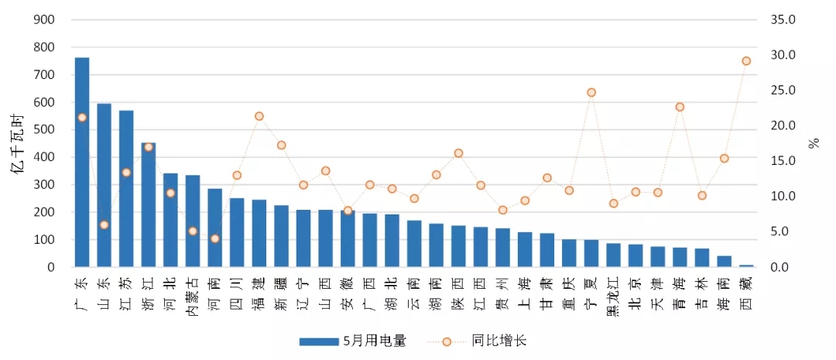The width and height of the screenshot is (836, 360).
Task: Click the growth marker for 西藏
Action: [x=746, y=60]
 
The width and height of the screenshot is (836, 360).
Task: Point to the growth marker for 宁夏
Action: [x=591, y=92]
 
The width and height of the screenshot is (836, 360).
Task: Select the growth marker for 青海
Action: [x=680, y=107]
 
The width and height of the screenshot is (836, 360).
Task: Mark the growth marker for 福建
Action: [x=259, y=116]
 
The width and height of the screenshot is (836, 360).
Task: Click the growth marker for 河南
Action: [x=215, y=238]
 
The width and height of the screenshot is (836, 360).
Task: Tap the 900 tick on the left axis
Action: [x=44, y=20]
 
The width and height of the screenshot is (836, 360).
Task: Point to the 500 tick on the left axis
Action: [x=44, y=130]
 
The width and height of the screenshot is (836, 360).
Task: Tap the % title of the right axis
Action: [x=814, y=143]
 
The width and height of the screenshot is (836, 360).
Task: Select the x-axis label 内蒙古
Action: [x=193, y=295]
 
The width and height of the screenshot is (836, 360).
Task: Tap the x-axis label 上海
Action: [x=524, y=290]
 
